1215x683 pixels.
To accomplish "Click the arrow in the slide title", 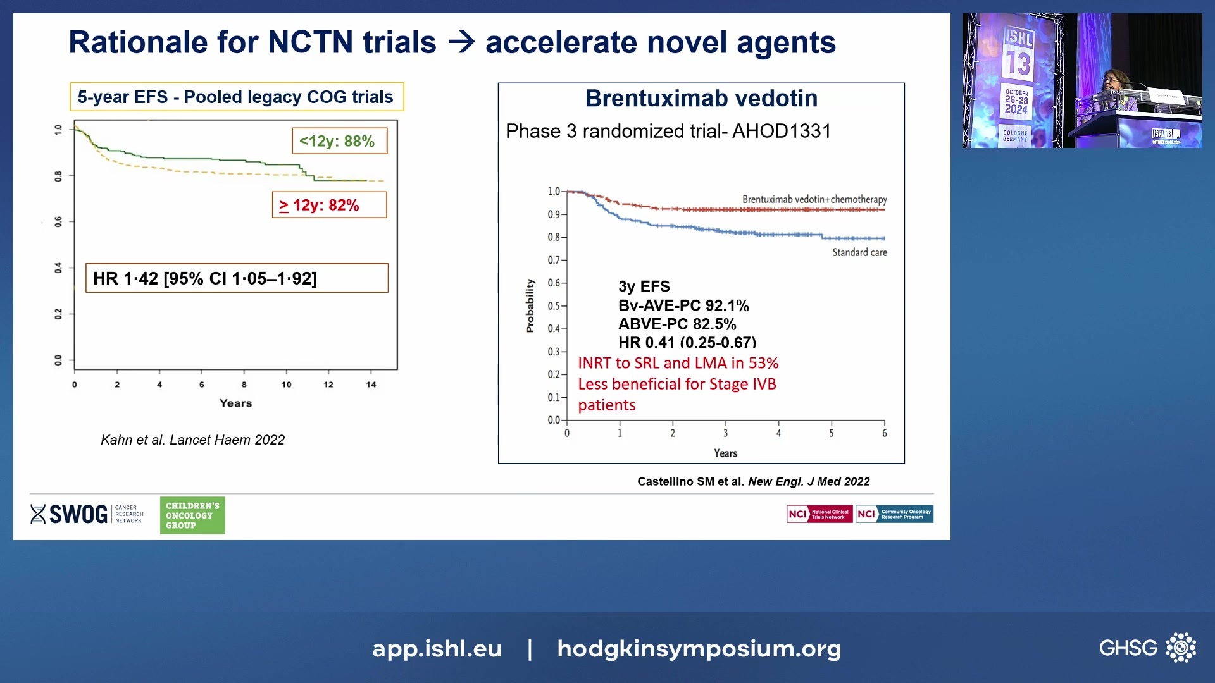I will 461,42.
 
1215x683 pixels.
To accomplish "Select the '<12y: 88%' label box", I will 339,141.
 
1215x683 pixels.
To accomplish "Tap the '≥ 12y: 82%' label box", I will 329,205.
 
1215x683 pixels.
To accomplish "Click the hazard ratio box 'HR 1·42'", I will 237,278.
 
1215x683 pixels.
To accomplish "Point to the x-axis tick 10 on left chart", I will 286,385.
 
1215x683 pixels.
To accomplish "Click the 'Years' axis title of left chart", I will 235,403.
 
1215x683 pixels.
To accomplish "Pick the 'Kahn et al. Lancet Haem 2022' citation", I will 192,440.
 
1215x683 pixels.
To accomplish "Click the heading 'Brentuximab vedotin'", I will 701,99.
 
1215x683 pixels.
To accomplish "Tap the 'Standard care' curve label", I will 859,252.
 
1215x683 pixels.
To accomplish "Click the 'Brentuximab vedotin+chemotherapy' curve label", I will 814,199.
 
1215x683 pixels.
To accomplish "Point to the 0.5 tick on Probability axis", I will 554,306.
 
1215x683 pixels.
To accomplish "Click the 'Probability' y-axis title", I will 530,306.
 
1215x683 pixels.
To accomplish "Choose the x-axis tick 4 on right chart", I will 778,433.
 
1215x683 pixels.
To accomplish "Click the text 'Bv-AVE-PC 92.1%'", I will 683,306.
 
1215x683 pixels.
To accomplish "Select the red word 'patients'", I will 606,405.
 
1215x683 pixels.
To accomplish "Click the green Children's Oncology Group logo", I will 192,515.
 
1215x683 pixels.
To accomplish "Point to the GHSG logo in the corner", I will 1147,648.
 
